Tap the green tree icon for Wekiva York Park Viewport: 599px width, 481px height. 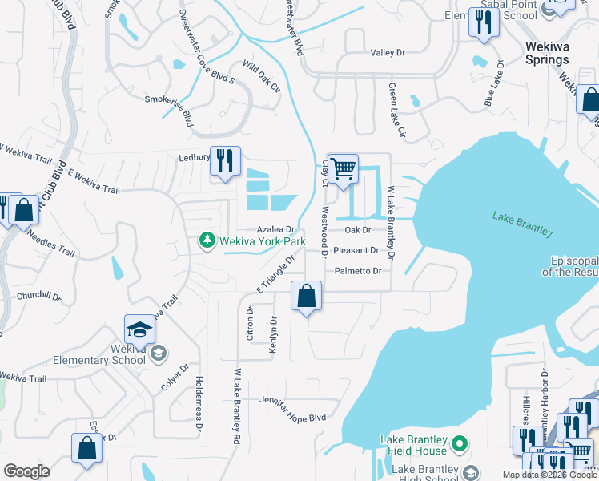(x=207, y=240)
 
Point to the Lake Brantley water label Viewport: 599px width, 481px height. (x=522, y=225)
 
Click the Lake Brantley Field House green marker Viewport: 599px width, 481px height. (x=460, y=443)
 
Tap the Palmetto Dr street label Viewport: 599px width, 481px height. (x=358, y=271)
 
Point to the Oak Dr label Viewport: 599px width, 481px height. (x=358, y=229)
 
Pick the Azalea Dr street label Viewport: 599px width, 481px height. (x=276, y=229)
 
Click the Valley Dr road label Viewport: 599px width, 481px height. (x=388, y=53)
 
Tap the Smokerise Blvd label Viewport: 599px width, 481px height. (x=169, y=110)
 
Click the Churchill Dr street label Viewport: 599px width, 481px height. (x=38, y=295)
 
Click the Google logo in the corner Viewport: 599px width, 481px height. (x=26, y=471)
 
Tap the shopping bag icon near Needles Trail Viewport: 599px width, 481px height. (x=24, y=210)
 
